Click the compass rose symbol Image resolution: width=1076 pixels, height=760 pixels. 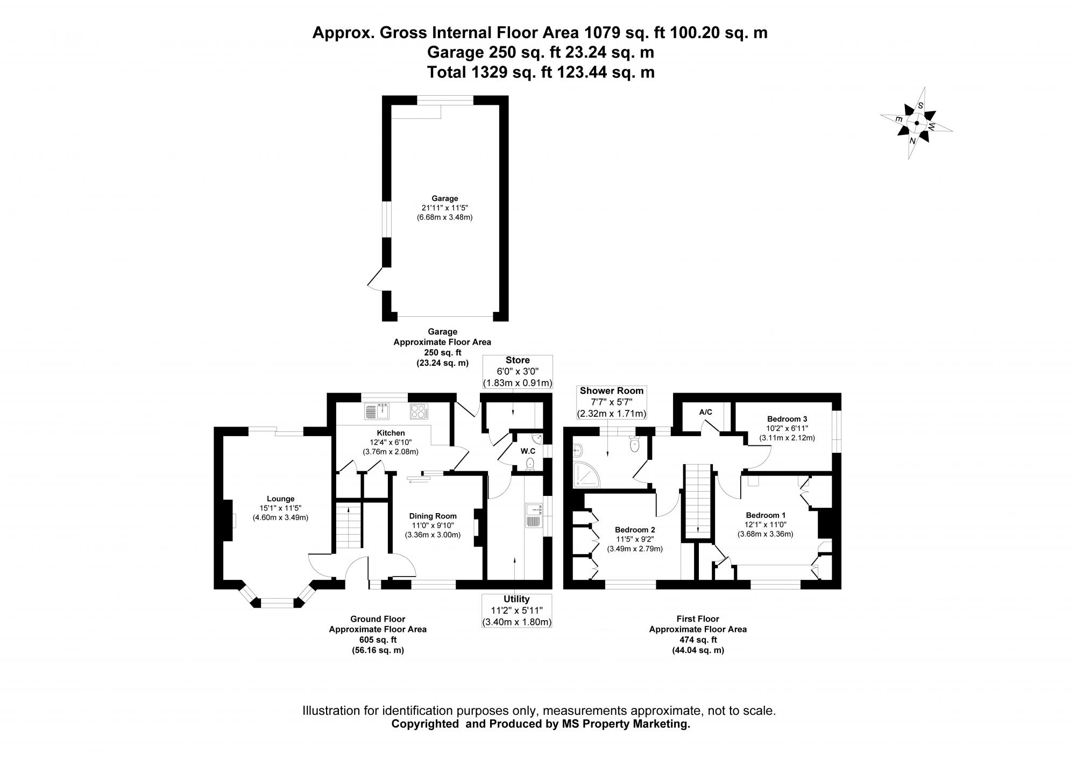coord(916,123)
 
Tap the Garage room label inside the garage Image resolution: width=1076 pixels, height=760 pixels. coord(444,198)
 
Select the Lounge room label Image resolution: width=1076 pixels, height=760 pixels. coord(280,499)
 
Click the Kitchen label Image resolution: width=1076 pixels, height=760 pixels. coord(391,432)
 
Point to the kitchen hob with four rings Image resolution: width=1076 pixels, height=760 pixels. coord(419,411)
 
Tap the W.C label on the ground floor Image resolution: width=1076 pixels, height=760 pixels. coord(527,451)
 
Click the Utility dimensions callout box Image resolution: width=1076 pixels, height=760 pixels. coord(516,610)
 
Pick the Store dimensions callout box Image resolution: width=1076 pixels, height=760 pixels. coord(518,371)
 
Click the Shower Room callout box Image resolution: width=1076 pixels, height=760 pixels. coord(611,402)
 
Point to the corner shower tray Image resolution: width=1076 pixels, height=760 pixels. coord(585,474)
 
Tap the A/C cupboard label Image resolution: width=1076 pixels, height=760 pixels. coord(705,412)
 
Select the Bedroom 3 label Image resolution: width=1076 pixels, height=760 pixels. coord(787,418)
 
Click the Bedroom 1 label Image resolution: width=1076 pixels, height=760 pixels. coord(765,515)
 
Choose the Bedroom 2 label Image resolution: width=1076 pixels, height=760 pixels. coord(635,530)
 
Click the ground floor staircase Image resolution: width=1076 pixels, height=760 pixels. coord(349,525)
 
